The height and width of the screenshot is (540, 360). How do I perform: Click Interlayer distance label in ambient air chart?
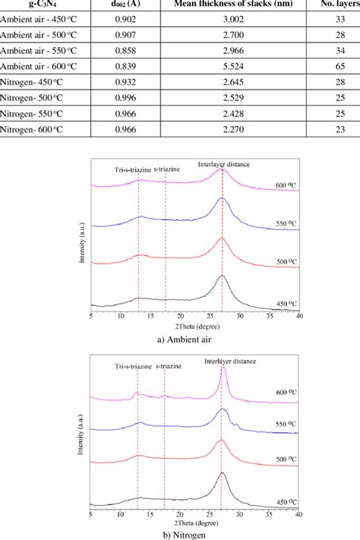[225, 163]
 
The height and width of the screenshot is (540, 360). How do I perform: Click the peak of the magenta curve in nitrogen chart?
[223, 369]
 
